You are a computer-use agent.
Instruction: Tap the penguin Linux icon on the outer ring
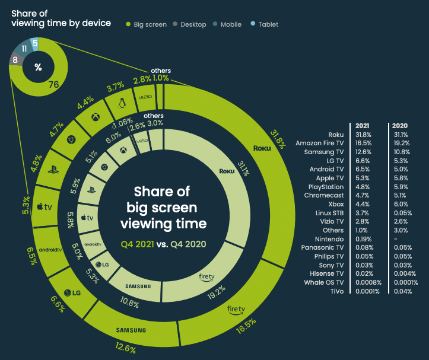pos(123,103)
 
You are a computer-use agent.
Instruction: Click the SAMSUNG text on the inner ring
pos(142,286)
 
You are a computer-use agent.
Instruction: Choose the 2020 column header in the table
pos(399,126)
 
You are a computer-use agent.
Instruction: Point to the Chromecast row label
pos(324,196)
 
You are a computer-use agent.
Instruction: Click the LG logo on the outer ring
pos(72,292)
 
